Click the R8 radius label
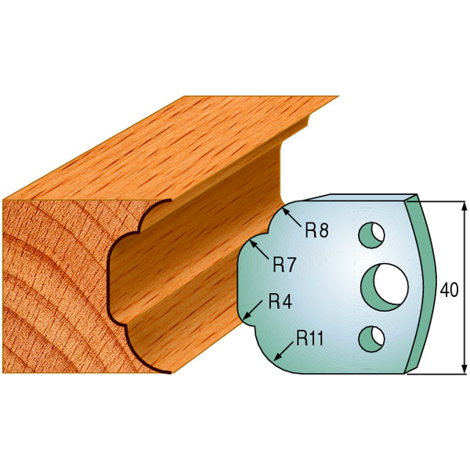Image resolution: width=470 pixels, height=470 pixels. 315,230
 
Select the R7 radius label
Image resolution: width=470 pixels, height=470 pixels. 284,265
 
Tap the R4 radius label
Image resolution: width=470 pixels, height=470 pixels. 280,302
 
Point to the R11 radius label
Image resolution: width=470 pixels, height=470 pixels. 311,338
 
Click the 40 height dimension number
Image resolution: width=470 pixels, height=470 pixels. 449,289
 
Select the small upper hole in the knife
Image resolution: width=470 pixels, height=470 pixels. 371,233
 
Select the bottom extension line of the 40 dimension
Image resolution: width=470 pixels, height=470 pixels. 439,374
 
